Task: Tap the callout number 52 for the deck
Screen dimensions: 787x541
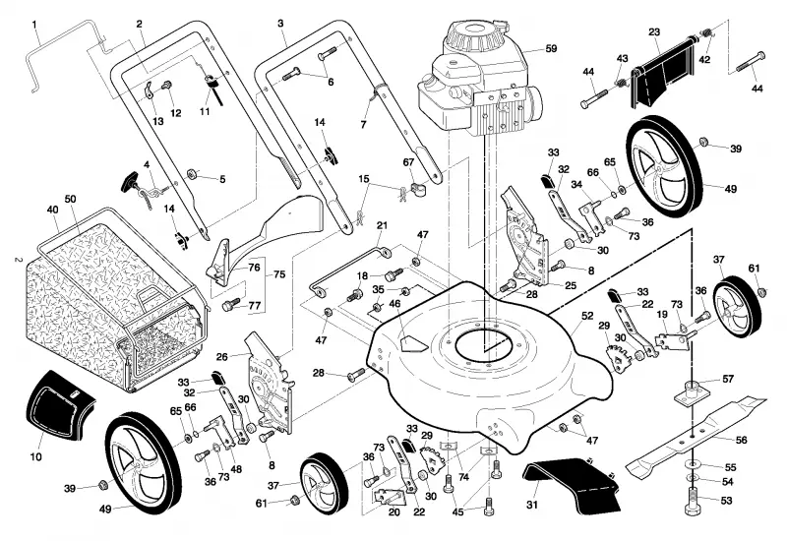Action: (x=587, y=316)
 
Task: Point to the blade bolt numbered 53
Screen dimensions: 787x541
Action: (x=694, y=501)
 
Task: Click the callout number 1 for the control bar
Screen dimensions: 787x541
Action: (x=34, y=24)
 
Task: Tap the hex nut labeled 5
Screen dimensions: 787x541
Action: (x=191, y=174)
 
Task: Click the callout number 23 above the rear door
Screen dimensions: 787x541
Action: (x=654, y=32)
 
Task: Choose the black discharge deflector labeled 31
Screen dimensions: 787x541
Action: (x=573, y=484)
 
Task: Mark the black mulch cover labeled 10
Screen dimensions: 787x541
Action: (x=60, y=405)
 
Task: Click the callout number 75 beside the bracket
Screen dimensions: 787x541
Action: (x=279, y=274)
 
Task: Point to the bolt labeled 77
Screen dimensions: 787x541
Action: (x=231, y=304)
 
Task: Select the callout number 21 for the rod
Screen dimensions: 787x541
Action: (x=382, y=225)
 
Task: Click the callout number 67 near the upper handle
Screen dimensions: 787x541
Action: (x=408, y=162)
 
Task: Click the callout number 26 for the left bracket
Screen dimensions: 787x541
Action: (x=222, y=357)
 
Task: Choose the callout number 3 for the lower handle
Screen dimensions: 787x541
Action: (x=280, y=23)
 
